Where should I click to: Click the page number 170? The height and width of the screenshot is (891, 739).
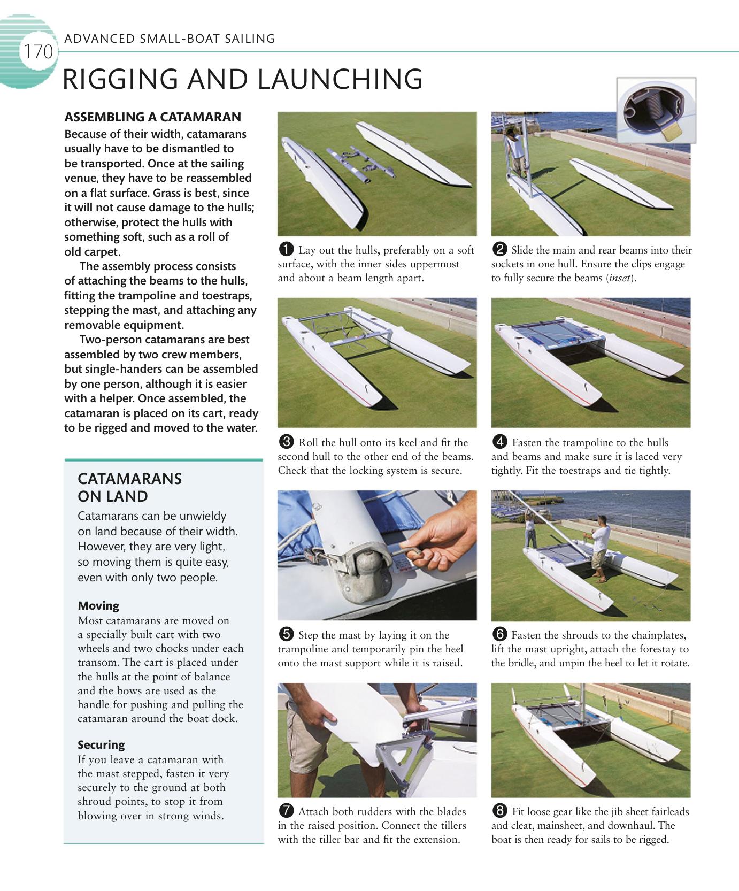click(37, 52)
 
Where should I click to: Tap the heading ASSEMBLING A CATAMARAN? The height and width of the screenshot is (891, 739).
click(152, 117)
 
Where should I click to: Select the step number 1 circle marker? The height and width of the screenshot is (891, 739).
click(286, 249)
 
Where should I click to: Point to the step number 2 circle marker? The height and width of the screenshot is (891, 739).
click(499, 249)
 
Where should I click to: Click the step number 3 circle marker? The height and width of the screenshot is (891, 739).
click(286, 442)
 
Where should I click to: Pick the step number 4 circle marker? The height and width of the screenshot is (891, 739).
click(499, 442)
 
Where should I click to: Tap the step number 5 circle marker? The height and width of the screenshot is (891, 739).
click(286, 634)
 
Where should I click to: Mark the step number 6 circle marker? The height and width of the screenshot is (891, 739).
click(499, 634)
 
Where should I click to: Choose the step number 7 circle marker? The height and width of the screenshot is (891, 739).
click(286, 811)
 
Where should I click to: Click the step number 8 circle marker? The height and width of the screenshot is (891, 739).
click(499, 811)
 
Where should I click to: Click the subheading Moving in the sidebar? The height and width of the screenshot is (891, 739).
click(98, 606)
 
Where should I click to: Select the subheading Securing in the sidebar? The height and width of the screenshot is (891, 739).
click(101, 745)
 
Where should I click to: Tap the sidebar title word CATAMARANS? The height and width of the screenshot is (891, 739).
click(130, 479)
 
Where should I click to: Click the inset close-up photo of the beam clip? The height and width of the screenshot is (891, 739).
click(656, 110)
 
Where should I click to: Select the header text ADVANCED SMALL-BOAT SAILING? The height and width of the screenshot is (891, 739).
click(170, 39)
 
